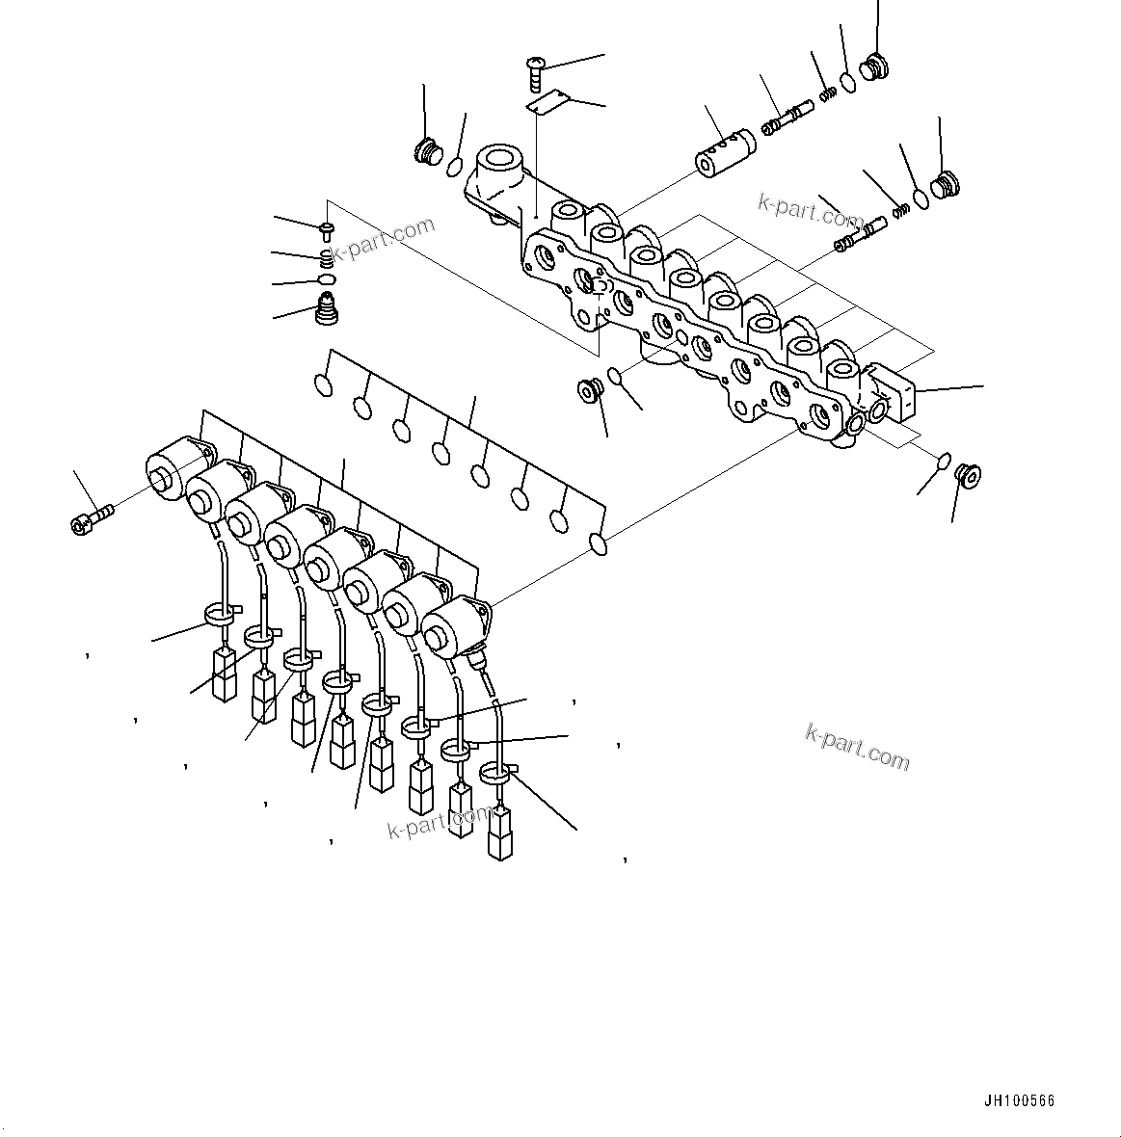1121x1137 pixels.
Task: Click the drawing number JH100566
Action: click(x=1020, y=1101)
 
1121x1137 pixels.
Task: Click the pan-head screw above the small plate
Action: click(x=535, y=66)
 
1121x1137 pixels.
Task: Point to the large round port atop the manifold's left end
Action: click(x=500, y=159)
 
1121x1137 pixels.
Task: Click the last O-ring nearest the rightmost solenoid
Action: click(x=599, y=544)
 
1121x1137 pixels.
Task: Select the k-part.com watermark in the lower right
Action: click(x=857, y=747)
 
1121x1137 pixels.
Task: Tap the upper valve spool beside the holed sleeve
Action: click(x=786, y=120)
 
